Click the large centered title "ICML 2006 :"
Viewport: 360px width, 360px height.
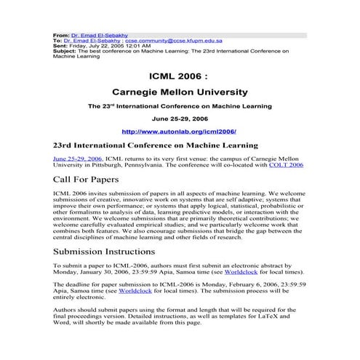180,75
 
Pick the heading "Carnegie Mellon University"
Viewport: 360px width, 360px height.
180,92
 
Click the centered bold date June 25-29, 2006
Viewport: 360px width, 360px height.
180,118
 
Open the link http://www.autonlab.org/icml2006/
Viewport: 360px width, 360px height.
180,132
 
